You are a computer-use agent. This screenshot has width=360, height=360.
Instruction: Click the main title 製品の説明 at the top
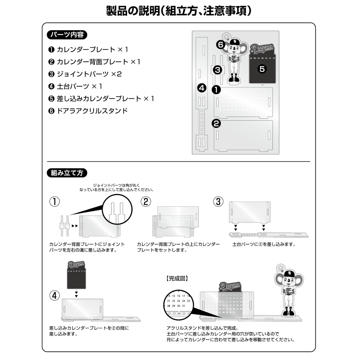point(179,11)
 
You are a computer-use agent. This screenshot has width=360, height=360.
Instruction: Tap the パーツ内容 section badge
point(67,35)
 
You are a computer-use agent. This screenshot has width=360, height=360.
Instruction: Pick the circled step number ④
point(54,296)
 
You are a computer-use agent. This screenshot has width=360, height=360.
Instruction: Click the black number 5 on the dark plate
point(262,69)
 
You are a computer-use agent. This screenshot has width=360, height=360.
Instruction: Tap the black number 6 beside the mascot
point(221,45)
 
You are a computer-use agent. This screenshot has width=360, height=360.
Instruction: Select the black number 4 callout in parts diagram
point(202,87)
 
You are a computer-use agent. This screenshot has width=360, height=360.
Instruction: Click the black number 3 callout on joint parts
point(217,69)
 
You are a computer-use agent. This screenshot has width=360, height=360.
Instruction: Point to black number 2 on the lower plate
point(216,124)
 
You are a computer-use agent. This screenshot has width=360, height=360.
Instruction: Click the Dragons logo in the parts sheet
point(262,49)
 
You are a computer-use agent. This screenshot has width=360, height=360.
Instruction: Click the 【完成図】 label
point(177,278)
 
